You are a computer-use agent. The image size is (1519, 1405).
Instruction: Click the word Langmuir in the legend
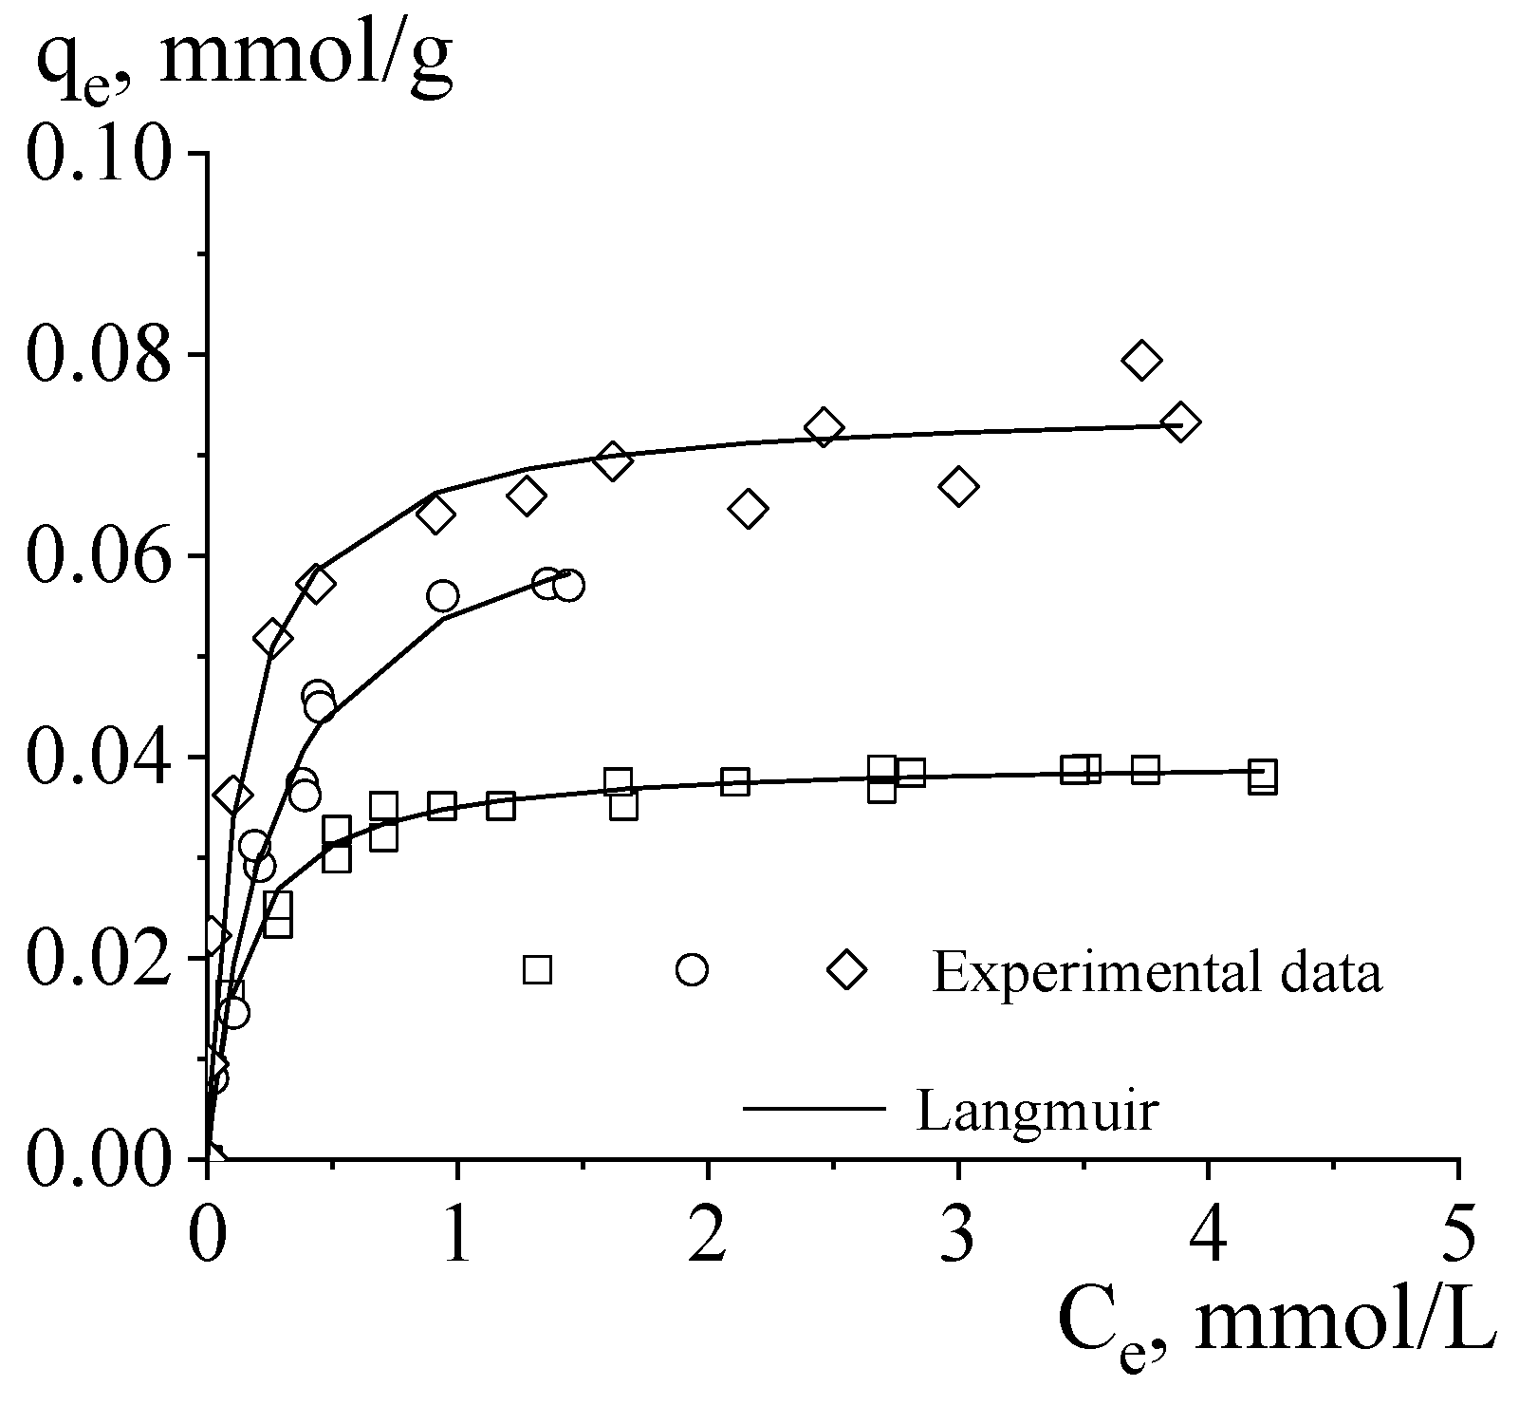coord(1037,1110)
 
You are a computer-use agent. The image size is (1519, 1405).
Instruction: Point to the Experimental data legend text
coord(1157,972)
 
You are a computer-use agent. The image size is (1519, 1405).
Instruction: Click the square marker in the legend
coord(537,969)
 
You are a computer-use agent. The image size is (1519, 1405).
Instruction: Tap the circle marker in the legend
coord(692,969)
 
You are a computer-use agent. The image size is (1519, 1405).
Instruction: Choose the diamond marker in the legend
coord(846,970)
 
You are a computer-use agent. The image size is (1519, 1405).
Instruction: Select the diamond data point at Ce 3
coord(958,486)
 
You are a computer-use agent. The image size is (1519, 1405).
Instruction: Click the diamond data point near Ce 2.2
coord(748,509)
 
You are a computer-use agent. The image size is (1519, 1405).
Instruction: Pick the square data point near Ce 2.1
coord(734,782)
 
